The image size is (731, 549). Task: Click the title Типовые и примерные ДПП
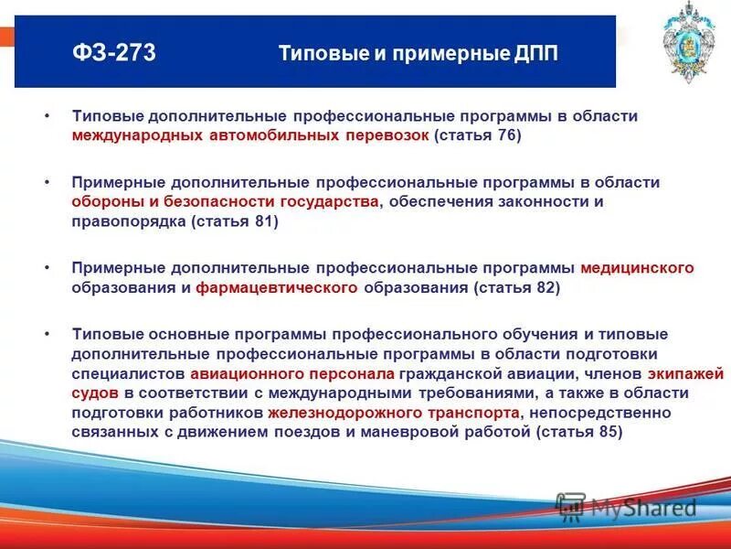[418, 54]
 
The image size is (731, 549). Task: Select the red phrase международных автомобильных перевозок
[249, 136]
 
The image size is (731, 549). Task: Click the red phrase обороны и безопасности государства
[225, 201]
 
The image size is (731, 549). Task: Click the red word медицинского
[637, 268]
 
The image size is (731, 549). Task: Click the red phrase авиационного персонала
[292, 374]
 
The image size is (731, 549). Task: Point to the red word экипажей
[685, 374]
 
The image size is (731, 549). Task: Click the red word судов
[94, 393]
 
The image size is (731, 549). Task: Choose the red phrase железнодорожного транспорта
[395, 414]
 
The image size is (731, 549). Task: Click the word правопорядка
[128, 221]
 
